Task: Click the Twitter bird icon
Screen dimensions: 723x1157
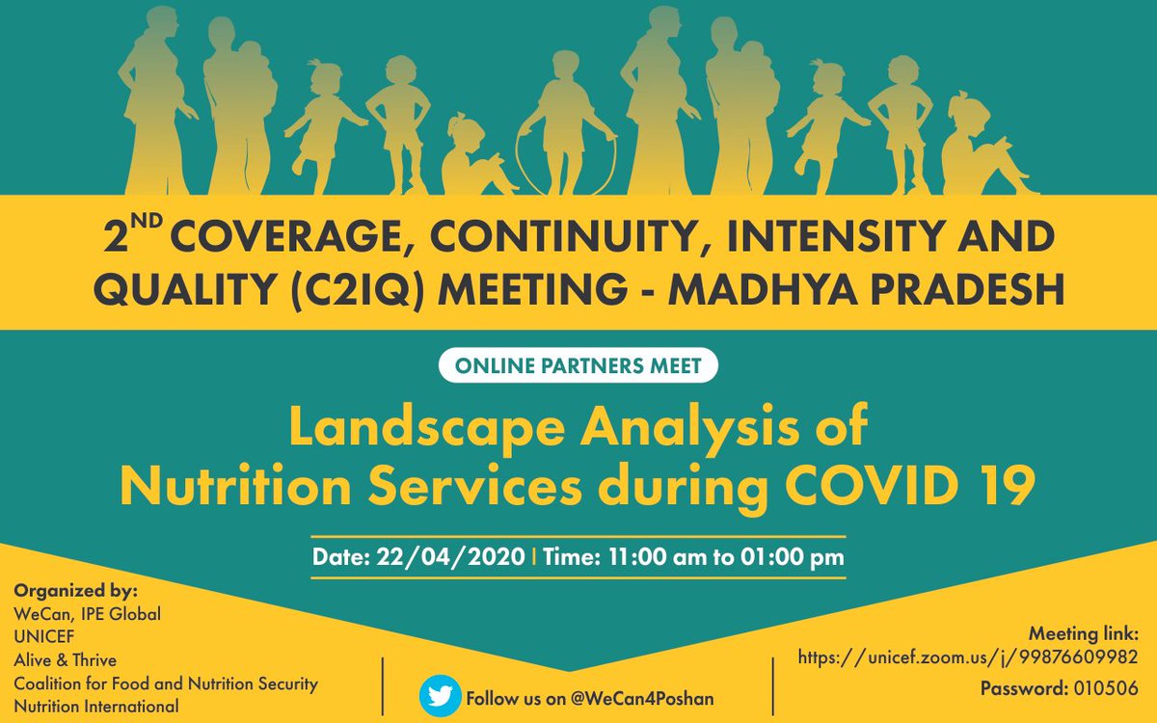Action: click(440, 697)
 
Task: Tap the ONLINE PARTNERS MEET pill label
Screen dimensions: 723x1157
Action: click(578, 366)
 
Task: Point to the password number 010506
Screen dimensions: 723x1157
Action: click(1105, 689)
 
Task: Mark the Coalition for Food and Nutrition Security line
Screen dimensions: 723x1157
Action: click(166, 684)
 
